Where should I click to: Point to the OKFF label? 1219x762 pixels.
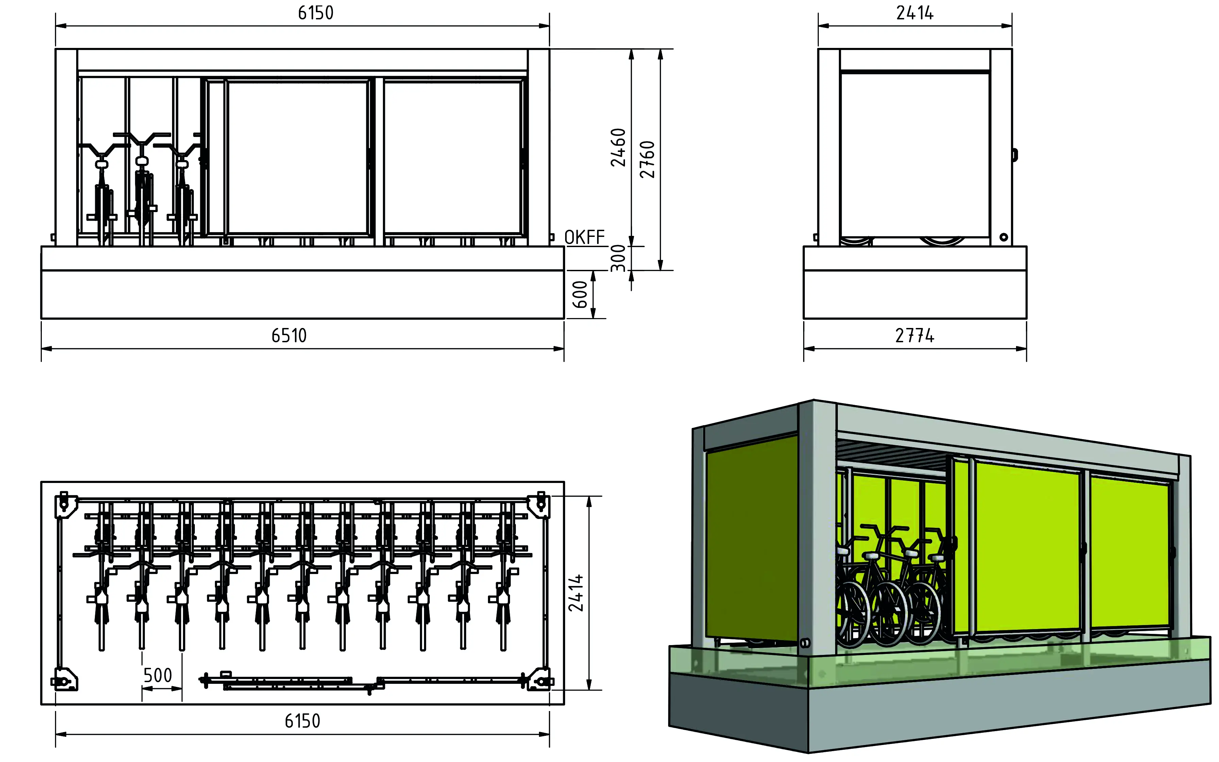[x=584, y=237]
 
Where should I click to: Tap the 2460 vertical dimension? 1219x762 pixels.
[x=618, y=147]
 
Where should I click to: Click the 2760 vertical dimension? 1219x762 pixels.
[x=647, y=159]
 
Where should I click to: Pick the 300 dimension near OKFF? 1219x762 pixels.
[x=618, y=258]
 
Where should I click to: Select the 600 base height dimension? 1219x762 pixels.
[x=580, y=294]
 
